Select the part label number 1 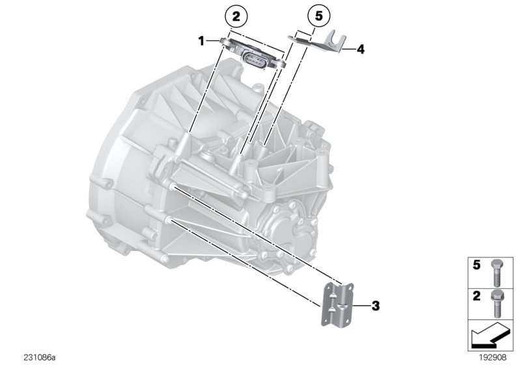202,40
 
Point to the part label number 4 359,48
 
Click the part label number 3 375,304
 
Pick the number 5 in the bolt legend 476,265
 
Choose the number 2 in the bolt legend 476,295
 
